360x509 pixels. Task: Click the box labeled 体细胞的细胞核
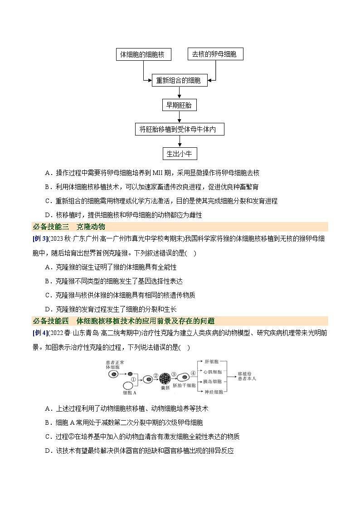[143, 54]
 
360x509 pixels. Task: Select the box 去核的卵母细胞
[215, 54]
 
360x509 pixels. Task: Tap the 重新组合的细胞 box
[180, 80]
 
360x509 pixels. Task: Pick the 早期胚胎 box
[179, 105]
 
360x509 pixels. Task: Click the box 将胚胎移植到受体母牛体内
[180, 129]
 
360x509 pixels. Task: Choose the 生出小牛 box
[180, 154]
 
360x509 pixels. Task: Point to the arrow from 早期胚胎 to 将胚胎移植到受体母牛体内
[180, 117]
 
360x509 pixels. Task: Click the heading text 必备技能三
[51, 227]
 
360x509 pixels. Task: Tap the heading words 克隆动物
[91, 227]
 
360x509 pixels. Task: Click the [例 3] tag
[40, 238]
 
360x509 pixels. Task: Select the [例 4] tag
[40, 333]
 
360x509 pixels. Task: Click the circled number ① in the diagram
[133, 379]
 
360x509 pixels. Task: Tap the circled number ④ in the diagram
[193, 373]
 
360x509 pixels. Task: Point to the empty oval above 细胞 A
[129, 386]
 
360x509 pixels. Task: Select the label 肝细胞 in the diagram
[212, 362]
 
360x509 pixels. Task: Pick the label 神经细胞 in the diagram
[214, 392]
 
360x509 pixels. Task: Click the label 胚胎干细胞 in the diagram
[184, 385]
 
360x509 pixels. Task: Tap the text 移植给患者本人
[247, 376]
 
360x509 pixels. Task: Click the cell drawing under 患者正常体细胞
[113, 374]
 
